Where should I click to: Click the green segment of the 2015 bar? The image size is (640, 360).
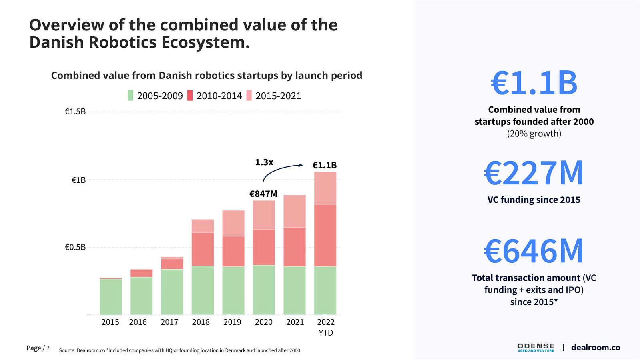coord(110,296)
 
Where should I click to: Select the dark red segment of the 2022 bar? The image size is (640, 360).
coord(325,235)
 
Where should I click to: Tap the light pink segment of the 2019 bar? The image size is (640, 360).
coord(233,223)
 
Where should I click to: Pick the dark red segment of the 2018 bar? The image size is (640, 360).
coord(203,249)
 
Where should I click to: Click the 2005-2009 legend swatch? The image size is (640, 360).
coord(130,96)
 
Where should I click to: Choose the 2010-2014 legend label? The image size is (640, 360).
coord(219,96)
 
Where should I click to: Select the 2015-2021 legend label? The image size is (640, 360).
coord(278,96)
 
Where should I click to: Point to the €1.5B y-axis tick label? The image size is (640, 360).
coord(75,112)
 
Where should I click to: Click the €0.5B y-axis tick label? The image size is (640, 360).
coord(75,247)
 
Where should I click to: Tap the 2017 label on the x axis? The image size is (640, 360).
coord(169,322)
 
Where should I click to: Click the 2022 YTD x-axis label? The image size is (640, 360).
coord(325,327)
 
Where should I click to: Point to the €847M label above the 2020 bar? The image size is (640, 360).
coord(263,194)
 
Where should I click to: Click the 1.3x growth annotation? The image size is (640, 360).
coord(264,162)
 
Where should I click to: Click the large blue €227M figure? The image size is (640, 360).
coord(534,173)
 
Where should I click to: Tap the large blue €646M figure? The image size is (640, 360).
coord(534,251)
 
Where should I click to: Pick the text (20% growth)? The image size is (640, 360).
coord(534,134)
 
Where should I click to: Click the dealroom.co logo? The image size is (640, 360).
coord(596,347)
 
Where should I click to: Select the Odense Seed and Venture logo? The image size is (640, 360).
coord(536,347)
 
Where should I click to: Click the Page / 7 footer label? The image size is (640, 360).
coord(38,348)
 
